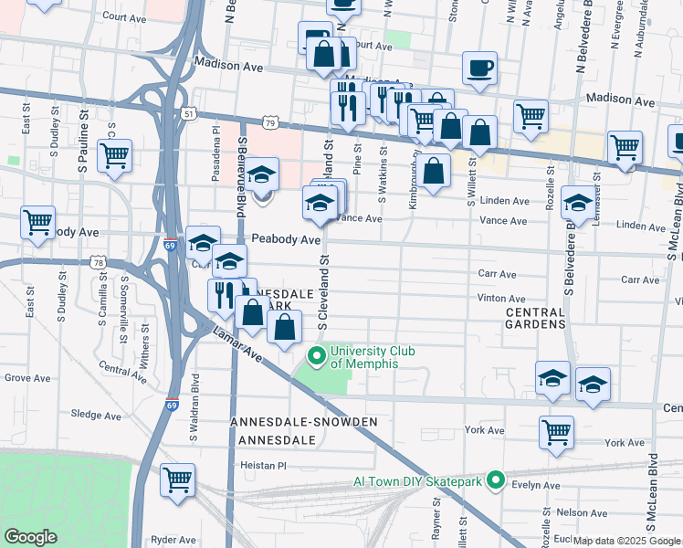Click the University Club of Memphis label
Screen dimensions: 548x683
coord(364,357)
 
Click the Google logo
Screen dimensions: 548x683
coord(30,537)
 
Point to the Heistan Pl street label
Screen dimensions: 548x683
coord(263,465)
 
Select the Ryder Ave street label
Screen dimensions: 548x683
coord(176,540)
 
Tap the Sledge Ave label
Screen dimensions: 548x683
coord(96,416)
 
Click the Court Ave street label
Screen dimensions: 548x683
coord(126,16)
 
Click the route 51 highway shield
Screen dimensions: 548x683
coord(188,113)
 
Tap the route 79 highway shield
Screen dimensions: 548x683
coord(268,122)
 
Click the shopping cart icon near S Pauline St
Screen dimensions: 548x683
coord(115,156)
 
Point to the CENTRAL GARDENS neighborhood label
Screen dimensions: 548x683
coord(534,318)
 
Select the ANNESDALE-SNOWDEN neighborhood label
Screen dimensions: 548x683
coord(304,422)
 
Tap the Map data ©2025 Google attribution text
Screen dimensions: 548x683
coord(627,541)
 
